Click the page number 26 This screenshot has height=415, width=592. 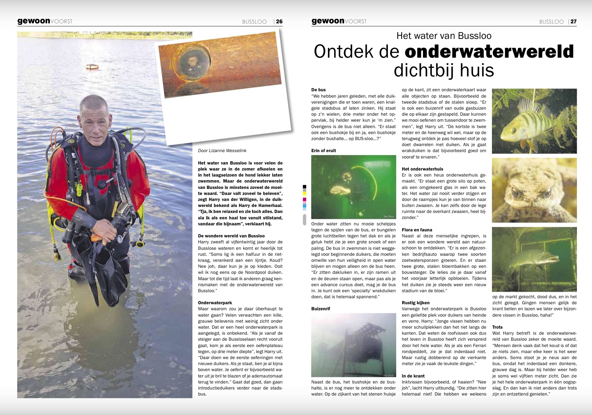click(279, 22)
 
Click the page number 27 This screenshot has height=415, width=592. click(573, 22)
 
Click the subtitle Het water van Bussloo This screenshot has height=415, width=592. click(444, 36)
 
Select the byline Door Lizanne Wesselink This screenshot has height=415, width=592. click(222, 151)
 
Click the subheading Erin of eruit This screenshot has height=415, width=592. click(324, 151)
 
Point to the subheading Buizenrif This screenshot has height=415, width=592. click(321, 309)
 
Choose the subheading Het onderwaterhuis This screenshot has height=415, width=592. click(422, 169)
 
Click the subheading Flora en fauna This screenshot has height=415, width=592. click(417, 230)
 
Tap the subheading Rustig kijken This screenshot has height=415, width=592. click(416, 303)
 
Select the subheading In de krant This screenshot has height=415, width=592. click(413, 376)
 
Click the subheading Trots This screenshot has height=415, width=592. click(497, 327)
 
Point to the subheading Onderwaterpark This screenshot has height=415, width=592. click(215, 303)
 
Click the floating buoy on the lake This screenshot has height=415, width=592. click(92, 66)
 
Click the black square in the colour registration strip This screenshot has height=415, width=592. click(304, 186)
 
